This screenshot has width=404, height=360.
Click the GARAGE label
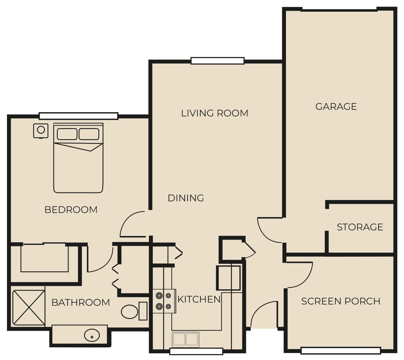click(x=336, y=106)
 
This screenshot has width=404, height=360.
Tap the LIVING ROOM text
click(x=215, y=113)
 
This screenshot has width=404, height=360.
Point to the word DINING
click(x=186, y=198)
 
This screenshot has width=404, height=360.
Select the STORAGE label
click(x=360, y=227)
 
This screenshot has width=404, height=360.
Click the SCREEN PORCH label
click(x=341, y=301)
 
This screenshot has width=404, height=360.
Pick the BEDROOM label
click(x=71, y=210)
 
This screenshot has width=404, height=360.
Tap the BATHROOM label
click(x=80, y=303)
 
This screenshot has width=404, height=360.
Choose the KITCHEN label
click(x=199, y=299)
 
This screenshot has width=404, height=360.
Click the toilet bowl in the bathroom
click(x=129, y=312)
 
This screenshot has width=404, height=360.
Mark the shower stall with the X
click(x=29, y=308)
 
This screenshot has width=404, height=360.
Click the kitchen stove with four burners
click(x=164, y=301)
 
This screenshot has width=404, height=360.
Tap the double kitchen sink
click(x=186, y=339)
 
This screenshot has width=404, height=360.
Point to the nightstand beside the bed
click(x=41, y=131)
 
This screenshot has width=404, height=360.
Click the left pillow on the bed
click(x=67, y=134)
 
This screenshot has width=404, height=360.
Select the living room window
click(x=217, y=61)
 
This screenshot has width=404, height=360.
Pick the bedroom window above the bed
click(x=79, y=116)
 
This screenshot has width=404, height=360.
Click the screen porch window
click(x=341, y=356)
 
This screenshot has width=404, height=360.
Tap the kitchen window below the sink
click(x=196, y=357)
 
